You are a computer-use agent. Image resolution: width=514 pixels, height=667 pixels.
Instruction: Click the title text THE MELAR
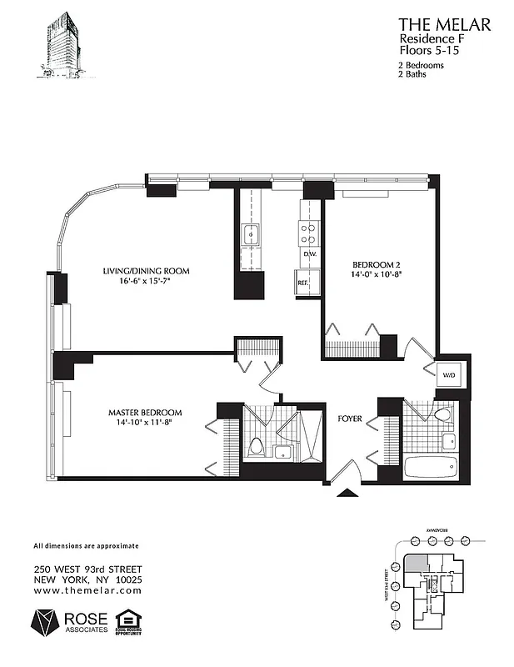(444, 25)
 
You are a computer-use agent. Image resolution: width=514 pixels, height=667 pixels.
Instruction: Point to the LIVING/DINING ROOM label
(146, 271)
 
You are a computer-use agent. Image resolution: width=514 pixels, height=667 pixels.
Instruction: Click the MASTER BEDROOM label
(145, 413)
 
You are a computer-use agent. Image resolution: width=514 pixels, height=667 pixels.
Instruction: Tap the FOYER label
(350, 418)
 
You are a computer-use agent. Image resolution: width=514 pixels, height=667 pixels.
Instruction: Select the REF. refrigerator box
(304, 283)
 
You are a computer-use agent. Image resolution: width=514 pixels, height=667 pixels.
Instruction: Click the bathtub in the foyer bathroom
(431, 466)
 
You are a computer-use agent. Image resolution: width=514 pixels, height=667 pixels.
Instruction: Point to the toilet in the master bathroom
(257, 447)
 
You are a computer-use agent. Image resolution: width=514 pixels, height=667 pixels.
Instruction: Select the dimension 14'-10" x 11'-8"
(144, 423)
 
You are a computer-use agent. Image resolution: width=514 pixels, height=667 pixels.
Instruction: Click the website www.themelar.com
(87, 589)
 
